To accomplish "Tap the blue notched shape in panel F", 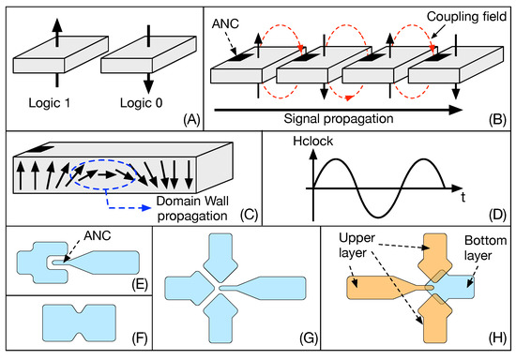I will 81,322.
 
